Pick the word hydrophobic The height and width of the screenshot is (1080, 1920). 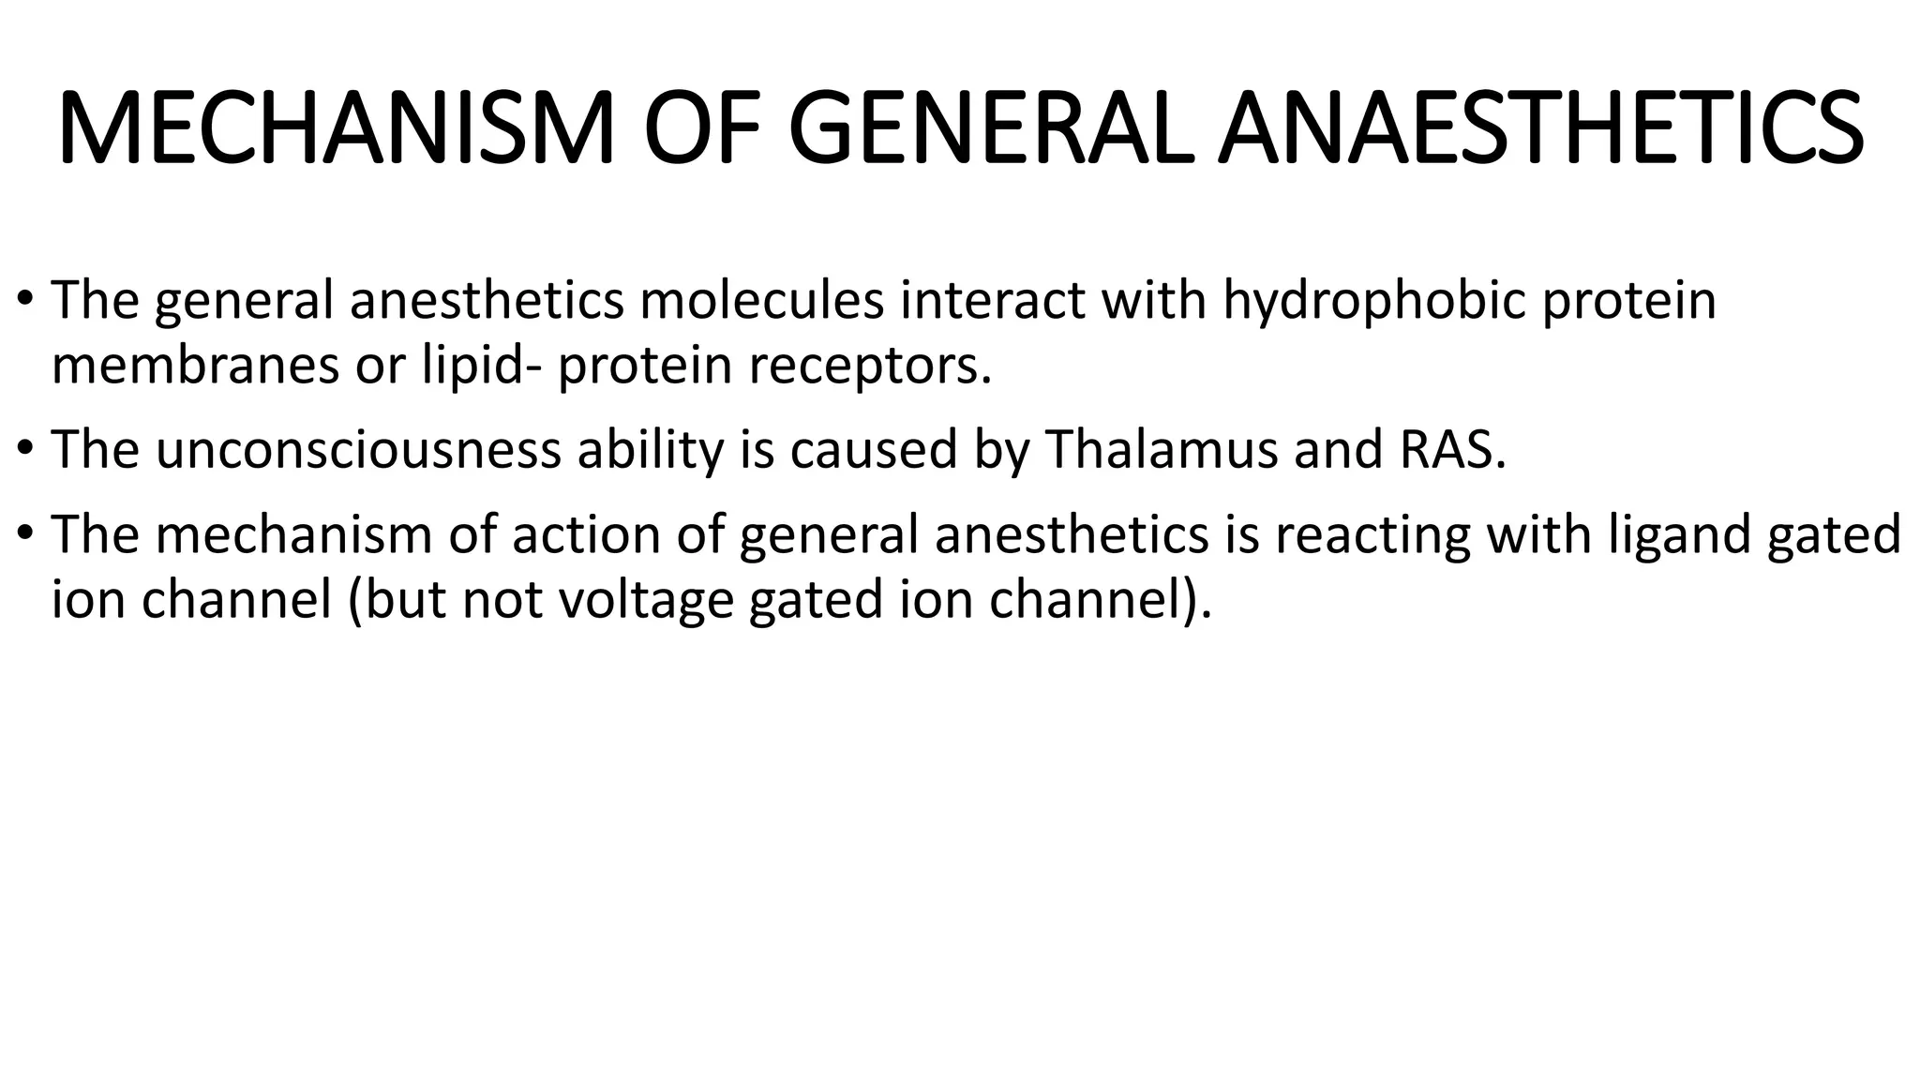[1373, 302]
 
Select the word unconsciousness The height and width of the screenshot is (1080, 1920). [358, 449]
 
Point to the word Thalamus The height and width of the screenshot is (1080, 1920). [1161, 449]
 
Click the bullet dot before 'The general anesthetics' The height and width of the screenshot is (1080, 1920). [25, 301]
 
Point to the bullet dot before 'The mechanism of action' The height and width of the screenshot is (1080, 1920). [25, 534]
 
